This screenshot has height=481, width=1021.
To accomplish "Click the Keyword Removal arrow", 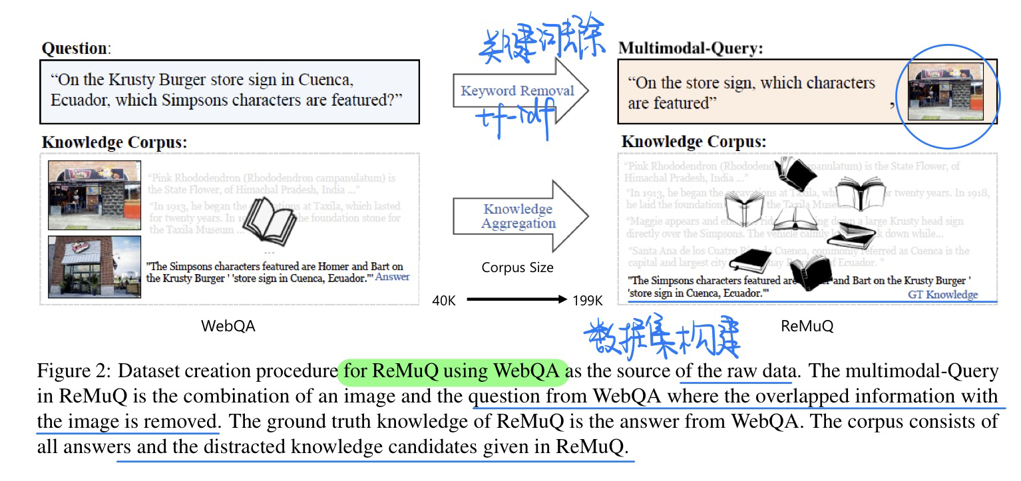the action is click(x=520, y=91).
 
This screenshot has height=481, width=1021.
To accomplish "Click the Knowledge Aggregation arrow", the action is click(x=520, y=216).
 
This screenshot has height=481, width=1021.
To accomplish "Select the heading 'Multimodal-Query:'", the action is click(x=690, y=48).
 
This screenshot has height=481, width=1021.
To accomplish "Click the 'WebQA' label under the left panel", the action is click(x=228, y=325).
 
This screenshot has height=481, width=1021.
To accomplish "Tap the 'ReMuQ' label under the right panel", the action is click(x=807, y=325).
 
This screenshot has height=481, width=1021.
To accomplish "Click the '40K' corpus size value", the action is click(x=444, y=301).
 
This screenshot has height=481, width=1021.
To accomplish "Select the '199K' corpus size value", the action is click(x=587, y=301).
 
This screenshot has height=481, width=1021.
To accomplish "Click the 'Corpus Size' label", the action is click(x=518, y=268).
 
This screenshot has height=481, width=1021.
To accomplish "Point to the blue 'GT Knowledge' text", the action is click(x=942, y=294).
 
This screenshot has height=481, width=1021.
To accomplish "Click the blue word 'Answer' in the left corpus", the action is click(x=393, y=277).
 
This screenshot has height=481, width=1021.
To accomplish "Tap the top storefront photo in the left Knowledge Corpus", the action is click(x=95, y=194).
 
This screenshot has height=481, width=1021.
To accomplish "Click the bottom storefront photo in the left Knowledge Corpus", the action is click(x=95, y=266).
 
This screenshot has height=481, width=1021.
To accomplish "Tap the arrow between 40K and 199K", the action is click(x=516, y=300).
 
